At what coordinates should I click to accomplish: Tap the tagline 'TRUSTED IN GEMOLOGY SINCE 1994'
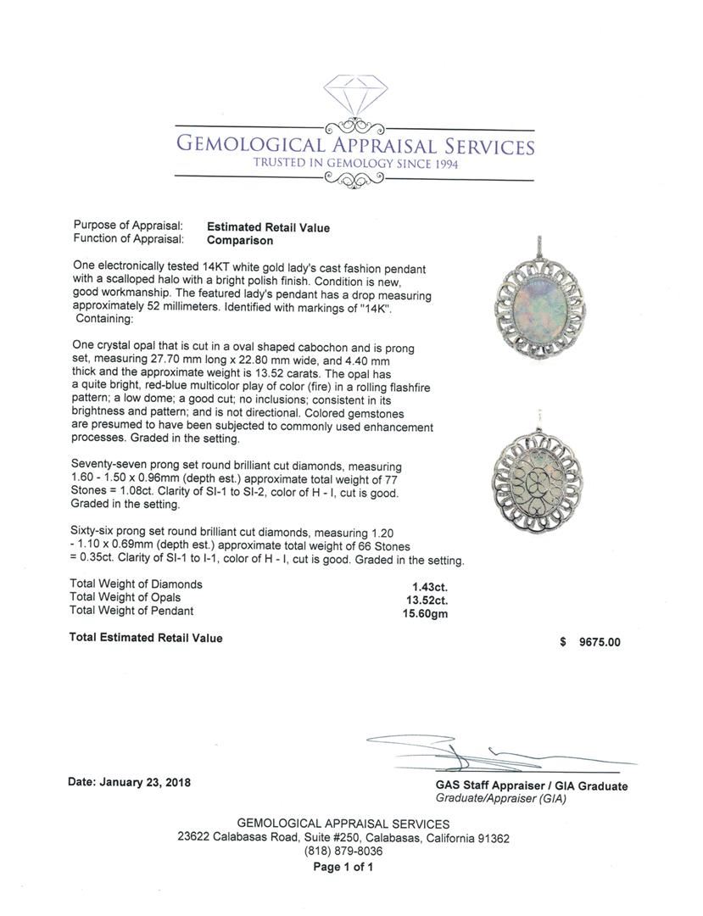pyautogui.click(x=354, y=164)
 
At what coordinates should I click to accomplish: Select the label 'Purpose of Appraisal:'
pyautogui.click(x=128, y=226)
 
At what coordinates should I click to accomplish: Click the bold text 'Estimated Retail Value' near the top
pyautogui.click(x=268, y=227)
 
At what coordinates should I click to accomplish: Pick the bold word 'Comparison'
pyautogui.click(x=241, y=240)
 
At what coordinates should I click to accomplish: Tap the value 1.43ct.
pyautogui.click(x=426, y=584)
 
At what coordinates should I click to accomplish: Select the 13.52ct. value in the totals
pyautogui.click(x=427, y=598)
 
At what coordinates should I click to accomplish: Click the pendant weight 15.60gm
pyautogui.click(x=425, y=612)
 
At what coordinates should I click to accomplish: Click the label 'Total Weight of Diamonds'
pyautogui.click(x=136, y=584)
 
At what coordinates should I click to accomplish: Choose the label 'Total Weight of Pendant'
pyautogui.click(x=131, y=611)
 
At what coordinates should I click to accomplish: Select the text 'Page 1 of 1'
pyautogui.click(x=343, y=867)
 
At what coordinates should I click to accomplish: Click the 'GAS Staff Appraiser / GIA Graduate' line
pyautogui.click(x=532, y=786)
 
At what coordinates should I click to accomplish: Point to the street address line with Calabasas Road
pyautogui.click(x=343, y=838)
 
